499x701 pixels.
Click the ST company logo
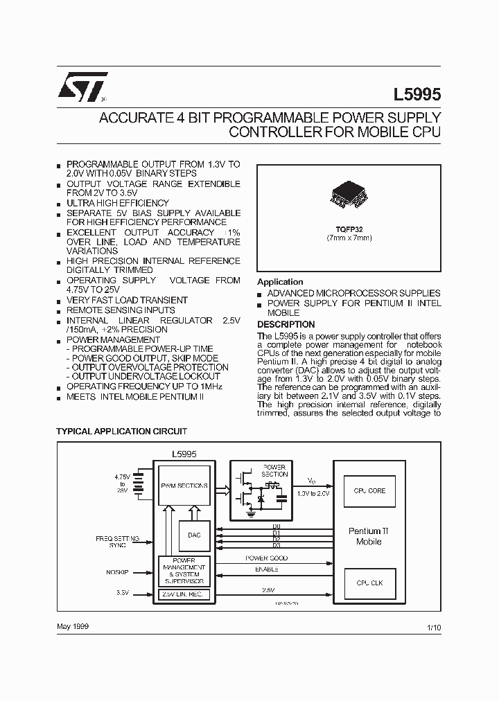[x=82, y=87]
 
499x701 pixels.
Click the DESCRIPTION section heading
[x=286, y=324]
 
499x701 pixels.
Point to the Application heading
[x=280, y=282]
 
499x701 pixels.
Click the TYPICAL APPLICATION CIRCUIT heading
[x=121, y=431]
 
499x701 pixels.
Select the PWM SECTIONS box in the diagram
[x=184, y=486]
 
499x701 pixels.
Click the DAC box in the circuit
[x=194, y=535]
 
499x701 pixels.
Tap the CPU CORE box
[x=369, y=490]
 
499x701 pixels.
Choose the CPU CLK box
[x=369, y=583]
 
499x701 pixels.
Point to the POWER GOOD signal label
[x=267, y=558]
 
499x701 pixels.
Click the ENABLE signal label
[x=267, y=569]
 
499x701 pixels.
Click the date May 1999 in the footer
[x=72, y=626]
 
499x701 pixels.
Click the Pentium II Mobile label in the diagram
[x=369, y=536]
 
